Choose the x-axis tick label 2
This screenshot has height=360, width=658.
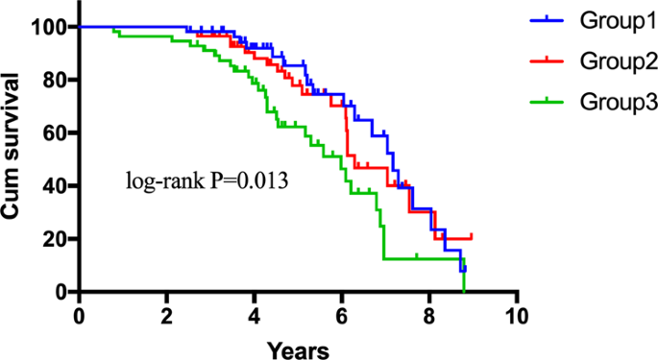166,315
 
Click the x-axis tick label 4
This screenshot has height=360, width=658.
255,315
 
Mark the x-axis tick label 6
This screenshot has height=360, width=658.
342,315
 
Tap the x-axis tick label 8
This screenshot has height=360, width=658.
429,315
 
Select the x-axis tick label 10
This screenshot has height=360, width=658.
517,315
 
